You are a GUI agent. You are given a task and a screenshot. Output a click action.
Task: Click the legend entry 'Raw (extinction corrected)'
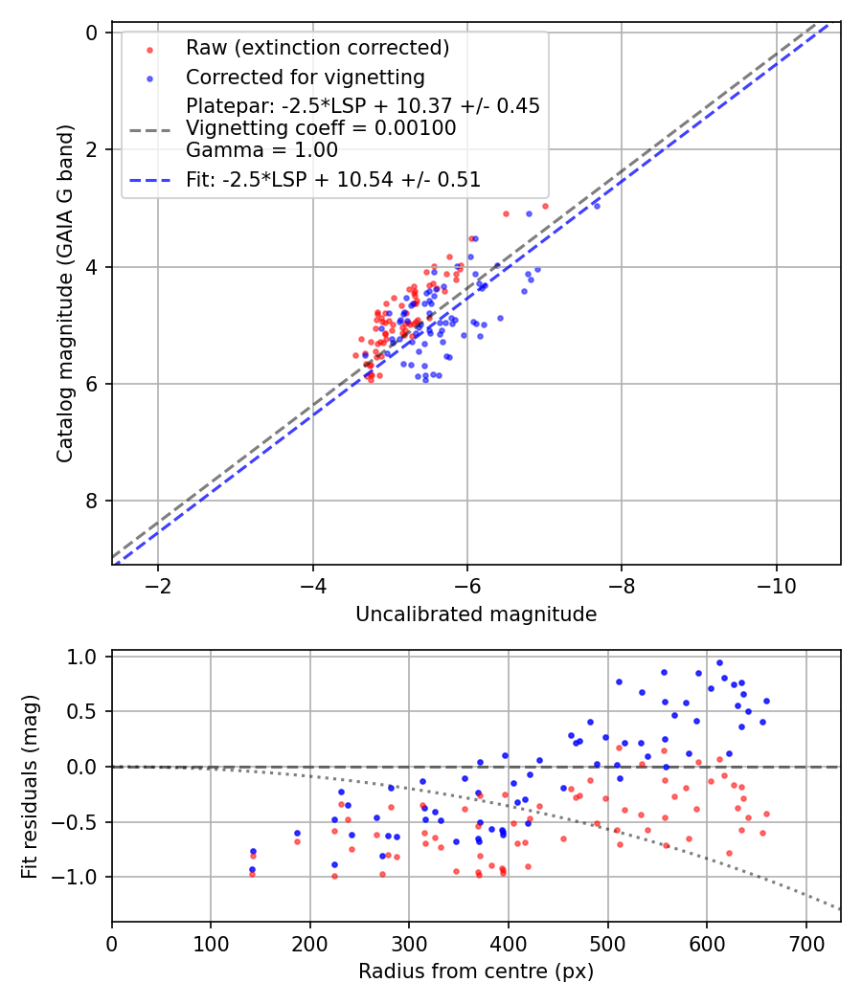[317, 48]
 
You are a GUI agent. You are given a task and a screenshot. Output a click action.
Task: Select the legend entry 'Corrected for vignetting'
[305, 77]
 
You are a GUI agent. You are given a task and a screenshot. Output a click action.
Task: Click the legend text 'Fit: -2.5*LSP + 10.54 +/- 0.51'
[332, 179]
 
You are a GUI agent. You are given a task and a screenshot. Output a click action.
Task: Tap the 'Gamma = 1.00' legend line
[261, 149]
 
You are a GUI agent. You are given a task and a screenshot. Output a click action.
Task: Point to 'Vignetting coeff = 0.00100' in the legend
[320, 127]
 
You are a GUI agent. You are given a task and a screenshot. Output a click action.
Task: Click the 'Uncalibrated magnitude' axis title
[476, 614]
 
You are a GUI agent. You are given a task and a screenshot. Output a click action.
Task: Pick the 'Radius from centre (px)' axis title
[476, 971]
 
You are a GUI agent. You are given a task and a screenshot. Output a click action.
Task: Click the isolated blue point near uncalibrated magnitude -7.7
[596, 206]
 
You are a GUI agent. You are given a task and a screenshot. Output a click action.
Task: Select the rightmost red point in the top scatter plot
[545, 206]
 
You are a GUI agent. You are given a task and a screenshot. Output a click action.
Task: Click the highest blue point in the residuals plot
[719, 662]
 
